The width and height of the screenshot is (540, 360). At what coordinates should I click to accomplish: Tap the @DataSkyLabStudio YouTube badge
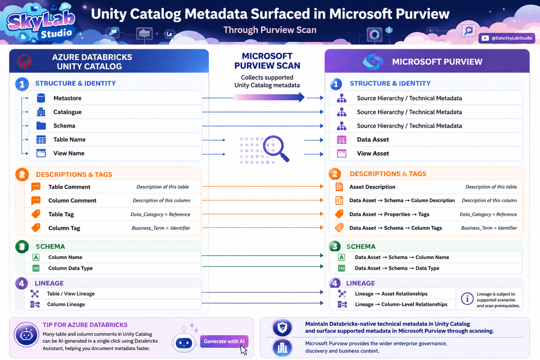(x=506, y=38)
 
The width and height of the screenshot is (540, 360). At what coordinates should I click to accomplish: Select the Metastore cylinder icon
(x=41, y=98)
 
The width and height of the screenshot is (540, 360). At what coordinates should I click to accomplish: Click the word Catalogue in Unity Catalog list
(x=68, y=112)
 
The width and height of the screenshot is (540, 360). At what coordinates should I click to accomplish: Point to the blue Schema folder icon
(x=41, y=125)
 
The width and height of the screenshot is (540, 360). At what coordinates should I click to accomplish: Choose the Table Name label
(x=69, y=139)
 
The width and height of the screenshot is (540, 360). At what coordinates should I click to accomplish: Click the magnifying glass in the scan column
(x=276, y=148)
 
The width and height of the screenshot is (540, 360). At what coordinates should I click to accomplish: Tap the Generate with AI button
(x=224, y=342)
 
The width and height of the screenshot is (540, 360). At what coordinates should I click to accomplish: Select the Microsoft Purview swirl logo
(x=373, y=62)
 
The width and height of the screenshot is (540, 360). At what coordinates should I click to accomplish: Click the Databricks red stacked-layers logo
(x=24, y=61)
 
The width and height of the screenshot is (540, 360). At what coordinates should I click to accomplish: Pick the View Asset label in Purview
(x=373, y=154)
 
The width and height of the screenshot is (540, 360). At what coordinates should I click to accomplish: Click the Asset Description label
(x=372, y=186)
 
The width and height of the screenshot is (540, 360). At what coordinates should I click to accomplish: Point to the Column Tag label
(x=64, y=228)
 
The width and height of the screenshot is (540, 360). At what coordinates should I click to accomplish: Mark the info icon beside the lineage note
(x=467, y=298)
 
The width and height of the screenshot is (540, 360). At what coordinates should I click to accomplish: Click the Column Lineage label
(x=66, y=304)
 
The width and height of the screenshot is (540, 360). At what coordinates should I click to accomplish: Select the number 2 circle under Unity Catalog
(x=22, y=174)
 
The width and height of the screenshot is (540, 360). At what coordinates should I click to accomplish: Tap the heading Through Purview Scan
(x=270, y=30)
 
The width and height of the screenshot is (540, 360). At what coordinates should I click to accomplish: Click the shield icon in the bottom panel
(x=282, y=328)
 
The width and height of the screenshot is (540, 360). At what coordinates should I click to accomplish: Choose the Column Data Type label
(x=70, y=268)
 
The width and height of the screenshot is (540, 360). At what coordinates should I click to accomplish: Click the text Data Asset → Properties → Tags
(x=389, y=214)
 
